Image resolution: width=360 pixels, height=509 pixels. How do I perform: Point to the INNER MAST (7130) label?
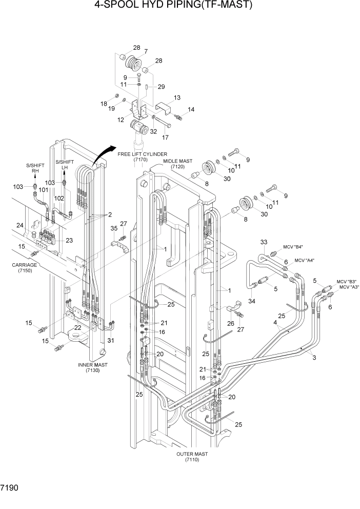coord(93,367)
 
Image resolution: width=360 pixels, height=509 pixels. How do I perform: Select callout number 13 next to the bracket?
coord(177,98)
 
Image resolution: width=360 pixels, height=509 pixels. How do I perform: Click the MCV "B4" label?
coord(292,247)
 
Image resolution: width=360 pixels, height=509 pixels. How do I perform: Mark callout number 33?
coord(264,242)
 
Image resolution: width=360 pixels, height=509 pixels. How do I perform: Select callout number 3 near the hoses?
coord(313,358)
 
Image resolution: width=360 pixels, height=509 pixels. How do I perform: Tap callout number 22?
coord(77,328)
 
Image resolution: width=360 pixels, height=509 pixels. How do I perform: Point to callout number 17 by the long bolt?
coord(165,137)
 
